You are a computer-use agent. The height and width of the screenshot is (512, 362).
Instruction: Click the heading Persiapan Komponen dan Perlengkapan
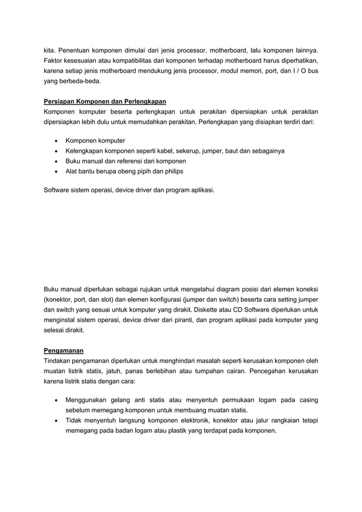point(105,102)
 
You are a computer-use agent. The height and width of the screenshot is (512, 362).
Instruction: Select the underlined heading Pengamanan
point(64,350)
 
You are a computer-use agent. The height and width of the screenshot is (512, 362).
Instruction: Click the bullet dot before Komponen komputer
point(55,140)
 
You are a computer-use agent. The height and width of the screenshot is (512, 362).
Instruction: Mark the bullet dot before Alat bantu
point(55,171)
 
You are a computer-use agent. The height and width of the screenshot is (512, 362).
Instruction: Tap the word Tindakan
point(60,360)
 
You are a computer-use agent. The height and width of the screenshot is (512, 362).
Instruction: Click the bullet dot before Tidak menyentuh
point(55,420)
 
